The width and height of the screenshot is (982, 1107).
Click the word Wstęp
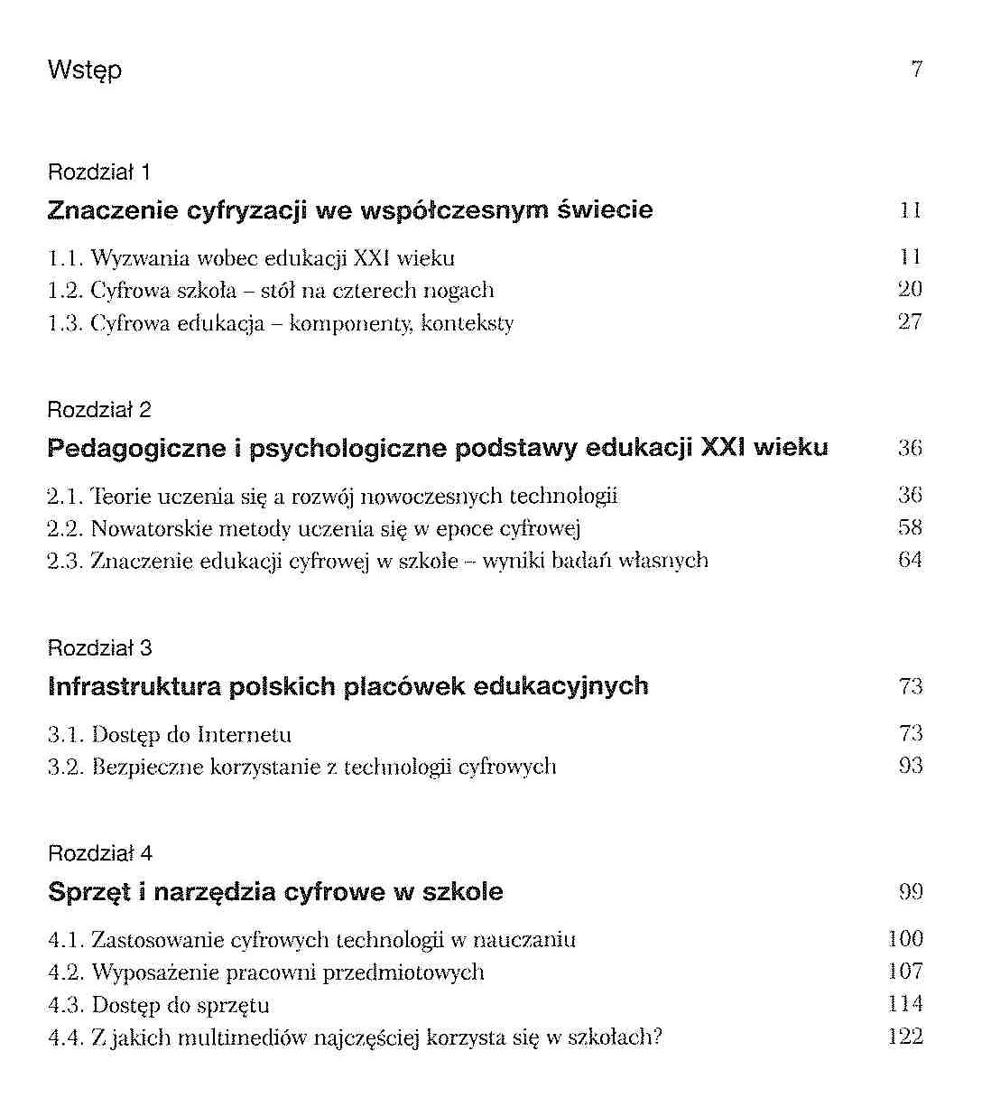tap(84, 70)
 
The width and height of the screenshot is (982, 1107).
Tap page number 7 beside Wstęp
tap(916, 70)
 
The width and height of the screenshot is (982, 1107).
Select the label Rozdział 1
tap(98, 172)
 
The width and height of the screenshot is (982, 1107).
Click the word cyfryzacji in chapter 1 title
tap(246, 211)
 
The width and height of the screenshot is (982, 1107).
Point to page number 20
tap(910, 290)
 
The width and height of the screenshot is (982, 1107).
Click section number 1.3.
tap(65, 323)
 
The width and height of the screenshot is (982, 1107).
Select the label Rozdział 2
tap(98, 410)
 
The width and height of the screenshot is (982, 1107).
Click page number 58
tap(910, 527)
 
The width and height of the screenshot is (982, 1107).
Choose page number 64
tap(910, 560)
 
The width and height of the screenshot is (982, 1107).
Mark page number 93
tap(910, 766)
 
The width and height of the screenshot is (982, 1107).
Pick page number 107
tap(905, 972)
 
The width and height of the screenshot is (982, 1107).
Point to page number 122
tap(905, 1037)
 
